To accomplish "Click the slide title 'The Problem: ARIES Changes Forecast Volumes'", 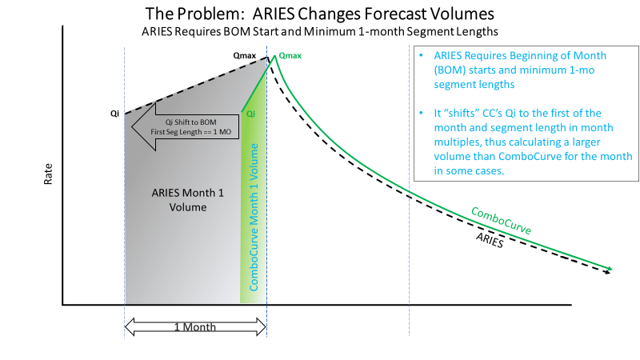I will click(x=320, y=14).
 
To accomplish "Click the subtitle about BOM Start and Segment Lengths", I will click(x=320, y=33).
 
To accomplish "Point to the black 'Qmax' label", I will click(x=245, y=57).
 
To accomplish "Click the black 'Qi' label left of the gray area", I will click(x=115, y=114).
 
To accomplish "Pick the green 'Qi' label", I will click(x=250, y=114).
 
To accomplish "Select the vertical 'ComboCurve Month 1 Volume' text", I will click(x=254, y=216).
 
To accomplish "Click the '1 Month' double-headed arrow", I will click(x=195, y=326).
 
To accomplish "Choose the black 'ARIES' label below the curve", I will click(x=490, y=240).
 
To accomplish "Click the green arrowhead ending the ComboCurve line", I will click(x=610, y=268).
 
